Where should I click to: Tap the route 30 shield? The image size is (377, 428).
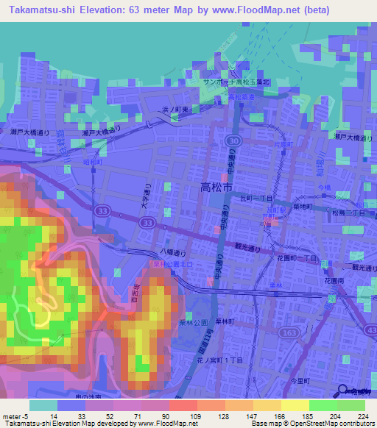pyautogui.click(x=233, y=139)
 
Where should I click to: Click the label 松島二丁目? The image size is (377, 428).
pyautogui.click(x=349, y=213)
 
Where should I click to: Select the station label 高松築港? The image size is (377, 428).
pyautogui.click(x=241, y=96)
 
